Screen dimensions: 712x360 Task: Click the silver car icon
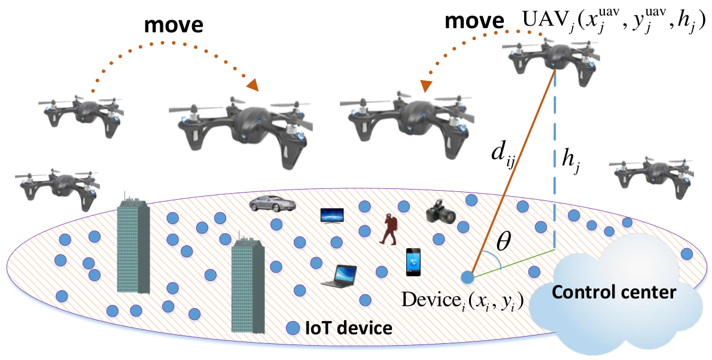272,203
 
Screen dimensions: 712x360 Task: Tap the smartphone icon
413,263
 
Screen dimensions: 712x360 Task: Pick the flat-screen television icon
332,215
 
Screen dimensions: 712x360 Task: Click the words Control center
614,292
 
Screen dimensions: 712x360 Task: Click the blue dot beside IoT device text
293,328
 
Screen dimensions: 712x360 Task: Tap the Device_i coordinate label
463,300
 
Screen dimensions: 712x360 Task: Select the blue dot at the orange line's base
467,276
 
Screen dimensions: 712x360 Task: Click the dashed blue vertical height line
555,160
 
